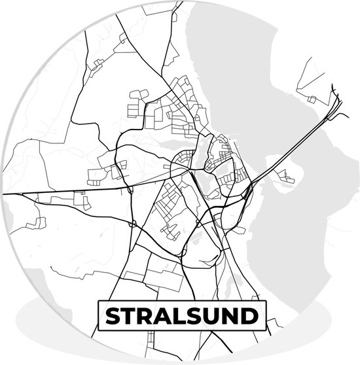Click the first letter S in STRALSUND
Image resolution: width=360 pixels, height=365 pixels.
coord(113,317)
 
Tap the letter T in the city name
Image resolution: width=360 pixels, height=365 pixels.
coord(130,317)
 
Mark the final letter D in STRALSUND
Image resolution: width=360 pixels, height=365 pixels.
coord(251,317)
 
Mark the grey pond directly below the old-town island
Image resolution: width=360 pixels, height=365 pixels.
coord(213,190)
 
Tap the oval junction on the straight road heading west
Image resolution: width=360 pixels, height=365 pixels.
coord(130,190)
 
